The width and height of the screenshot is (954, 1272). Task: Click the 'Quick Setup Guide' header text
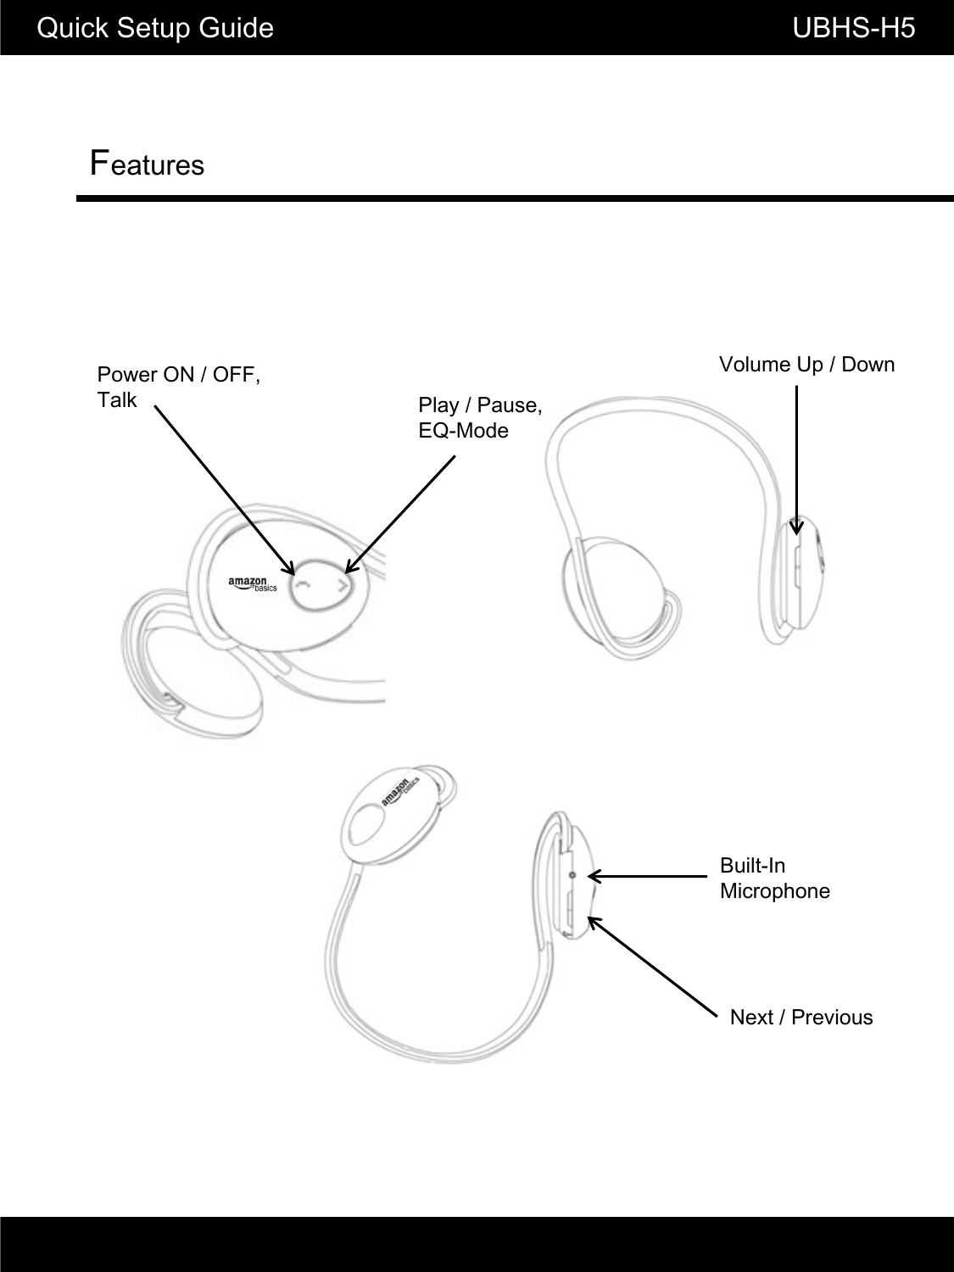tap(156, 29)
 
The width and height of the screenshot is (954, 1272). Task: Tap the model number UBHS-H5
tap(853, 29)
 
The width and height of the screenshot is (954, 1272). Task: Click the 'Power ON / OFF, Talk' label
tap(179, 387)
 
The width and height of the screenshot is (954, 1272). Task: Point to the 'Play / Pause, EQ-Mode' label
tap(480, 417)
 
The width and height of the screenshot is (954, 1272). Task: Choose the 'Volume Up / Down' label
tap(806, 365)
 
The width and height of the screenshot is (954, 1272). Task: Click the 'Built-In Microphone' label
tap(774, 879)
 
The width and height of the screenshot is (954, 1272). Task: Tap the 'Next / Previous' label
tap(801, 1018)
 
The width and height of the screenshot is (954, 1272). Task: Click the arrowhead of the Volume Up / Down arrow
tap(796, 528)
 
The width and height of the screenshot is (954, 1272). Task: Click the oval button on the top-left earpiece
tap(321, 583)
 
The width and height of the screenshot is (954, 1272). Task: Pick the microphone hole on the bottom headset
tap(572, 874)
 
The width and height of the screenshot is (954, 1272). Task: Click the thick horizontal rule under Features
tap(515, 198)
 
